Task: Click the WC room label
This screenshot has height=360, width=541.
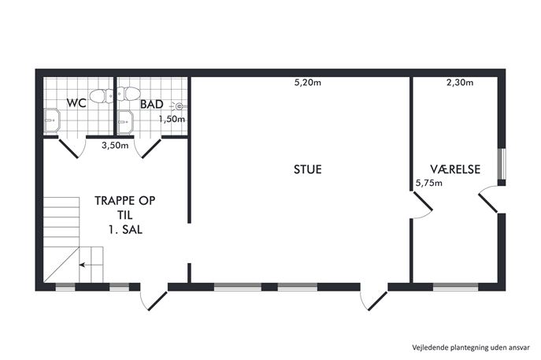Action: (x=76, y=103)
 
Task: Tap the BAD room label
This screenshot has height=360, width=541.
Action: (x=151, y=104)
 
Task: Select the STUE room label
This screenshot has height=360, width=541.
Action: (x=307, y=169)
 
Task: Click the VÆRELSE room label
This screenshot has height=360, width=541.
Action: (x=455, y=169)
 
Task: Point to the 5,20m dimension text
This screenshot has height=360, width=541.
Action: (x=307, y=83)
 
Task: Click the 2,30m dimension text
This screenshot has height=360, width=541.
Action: (x=460, y=83)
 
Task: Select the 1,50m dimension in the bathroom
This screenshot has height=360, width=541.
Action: (x=172, y=119)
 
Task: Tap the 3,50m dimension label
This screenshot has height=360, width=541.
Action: (x=115, y=146)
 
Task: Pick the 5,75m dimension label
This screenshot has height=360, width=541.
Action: (x=429, y=183)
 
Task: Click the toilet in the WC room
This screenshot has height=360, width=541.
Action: (x=101, y=95)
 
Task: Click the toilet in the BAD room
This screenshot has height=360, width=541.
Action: (x=128, y=94)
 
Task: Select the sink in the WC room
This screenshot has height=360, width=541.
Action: (x=52, y=120)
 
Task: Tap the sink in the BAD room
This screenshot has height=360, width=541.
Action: (x=125, y=122)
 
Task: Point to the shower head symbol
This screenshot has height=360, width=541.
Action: (x=179, y=106)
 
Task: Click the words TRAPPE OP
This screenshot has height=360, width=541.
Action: (x=125, y=201)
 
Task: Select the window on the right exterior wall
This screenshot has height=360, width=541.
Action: (x=502, y=164)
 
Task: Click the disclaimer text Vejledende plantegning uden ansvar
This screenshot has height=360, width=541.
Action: (x=471, y=347)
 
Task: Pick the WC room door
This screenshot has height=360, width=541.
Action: (x=72, y=148)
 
